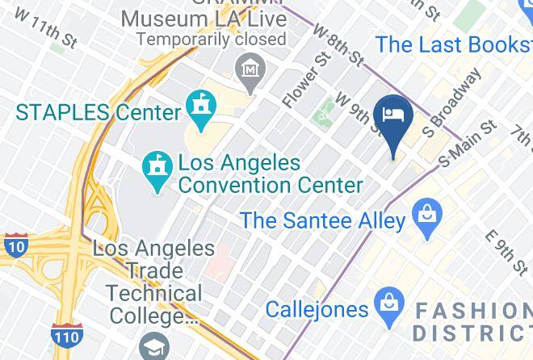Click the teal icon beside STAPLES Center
point(198,106)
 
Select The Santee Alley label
point(322,219)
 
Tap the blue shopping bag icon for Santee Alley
point(424,216)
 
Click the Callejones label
point(317,308)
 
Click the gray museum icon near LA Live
point(251,69)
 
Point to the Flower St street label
point(297,82)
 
